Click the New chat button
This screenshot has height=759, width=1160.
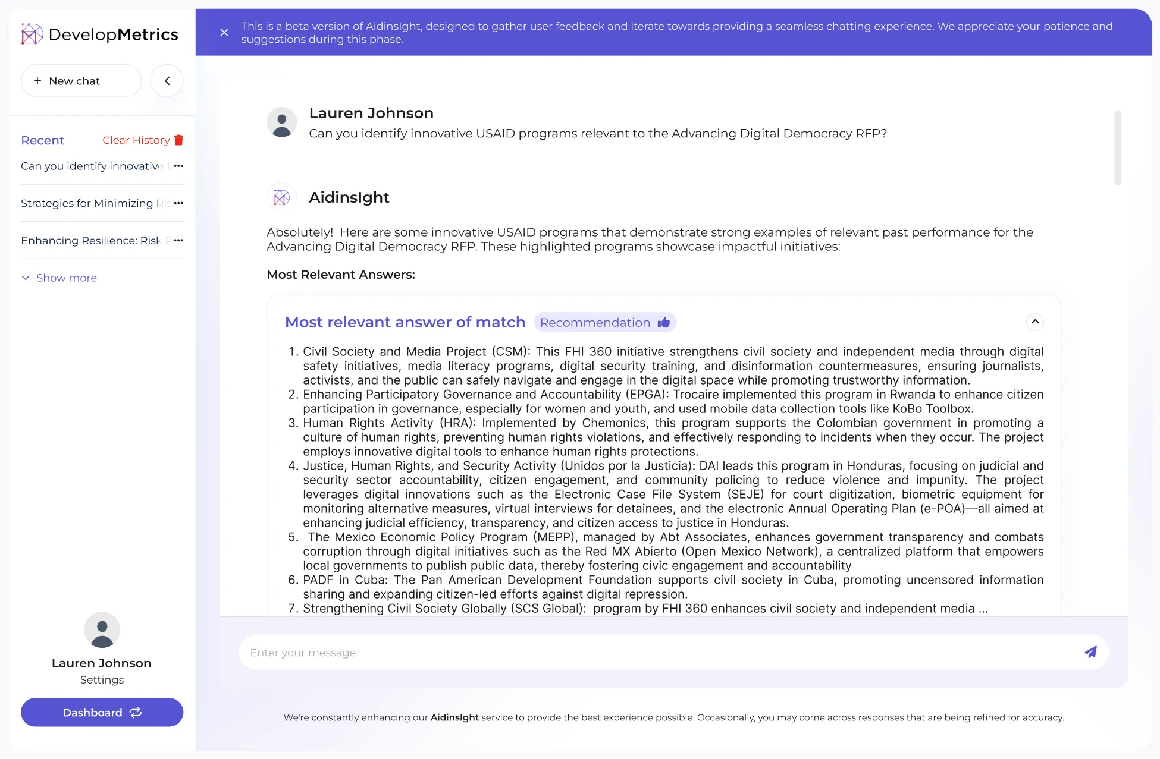[81, 81]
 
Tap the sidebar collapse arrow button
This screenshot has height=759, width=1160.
[167, 81]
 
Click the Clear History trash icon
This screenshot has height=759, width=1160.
[178, 140]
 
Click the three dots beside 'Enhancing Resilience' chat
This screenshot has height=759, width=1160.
[178, 240]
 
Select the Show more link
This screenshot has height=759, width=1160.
[66, 278]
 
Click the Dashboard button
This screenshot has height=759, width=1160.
[102, 712]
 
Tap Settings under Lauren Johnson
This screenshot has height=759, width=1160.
[102, 680]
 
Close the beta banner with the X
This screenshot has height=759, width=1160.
[224, 33]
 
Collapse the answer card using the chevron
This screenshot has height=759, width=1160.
[1035, 322]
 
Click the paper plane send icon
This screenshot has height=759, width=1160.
[1090, 652]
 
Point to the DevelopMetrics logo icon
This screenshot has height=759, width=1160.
[32, 34]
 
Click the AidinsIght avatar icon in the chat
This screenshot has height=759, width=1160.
[281, 197]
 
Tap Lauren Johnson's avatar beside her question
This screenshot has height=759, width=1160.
[281, 122]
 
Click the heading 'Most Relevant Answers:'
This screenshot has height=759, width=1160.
[341, 275]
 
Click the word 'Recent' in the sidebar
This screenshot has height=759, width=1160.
[42, 140]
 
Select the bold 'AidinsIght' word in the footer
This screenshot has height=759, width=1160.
[454, 717]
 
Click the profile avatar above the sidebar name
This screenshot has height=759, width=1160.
[102, 630]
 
